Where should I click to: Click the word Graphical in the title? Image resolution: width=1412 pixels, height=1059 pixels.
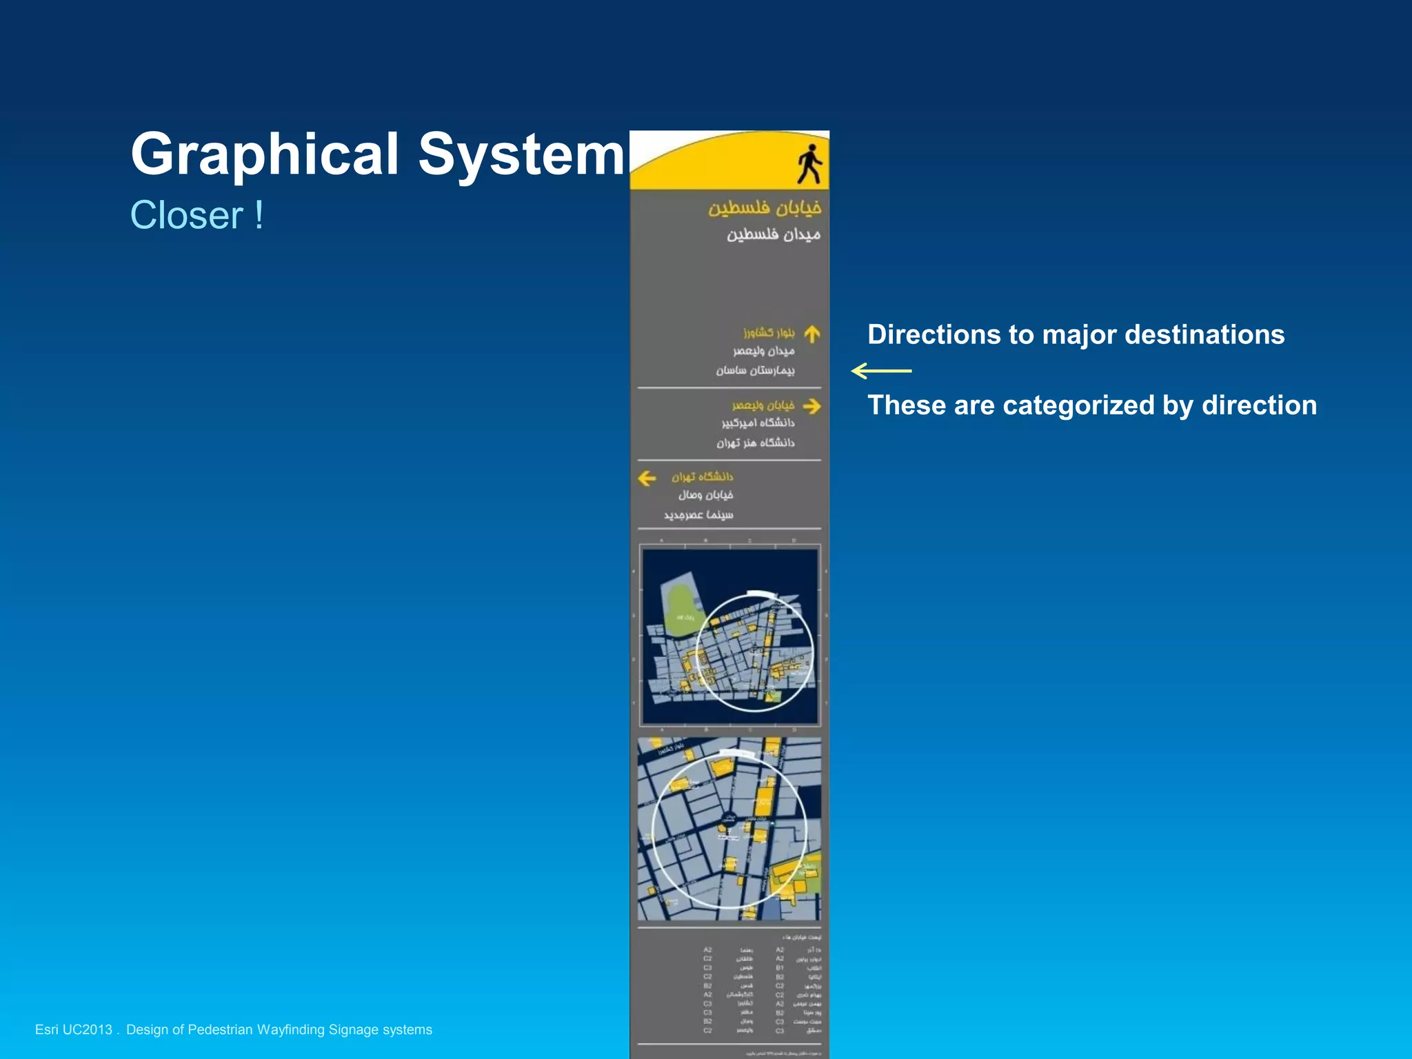coord(265,154)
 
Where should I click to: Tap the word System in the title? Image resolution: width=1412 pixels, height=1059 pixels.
coord(521,154)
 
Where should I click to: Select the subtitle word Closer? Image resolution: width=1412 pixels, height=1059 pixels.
coord(187,215)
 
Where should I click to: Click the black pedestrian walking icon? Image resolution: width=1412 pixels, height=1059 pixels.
coord(810,164)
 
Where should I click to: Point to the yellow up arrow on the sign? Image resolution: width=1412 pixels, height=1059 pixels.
coord(812,334)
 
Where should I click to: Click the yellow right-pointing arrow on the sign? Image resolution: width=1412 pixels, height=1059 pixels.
coord(812,406)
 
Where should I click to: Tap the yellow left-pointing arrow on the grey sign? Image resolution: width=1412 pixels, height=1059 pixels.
coord(647,478)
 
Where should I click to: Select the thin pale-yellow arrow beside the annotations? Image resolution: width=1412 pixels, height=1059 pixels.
coord(881,371)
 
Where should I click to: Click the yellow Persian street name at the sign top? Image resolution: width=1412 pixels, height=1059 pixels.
coord(765,208)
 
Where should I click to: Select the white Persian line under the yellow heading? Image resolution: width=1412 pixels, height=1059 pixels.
coord(773,234)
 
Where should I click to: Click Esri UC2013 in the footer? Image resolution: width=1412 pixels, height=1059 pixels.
coord(73,1029)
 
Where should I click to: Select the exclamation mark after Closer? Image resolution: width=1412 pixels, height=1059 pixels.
coord(259,215)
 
